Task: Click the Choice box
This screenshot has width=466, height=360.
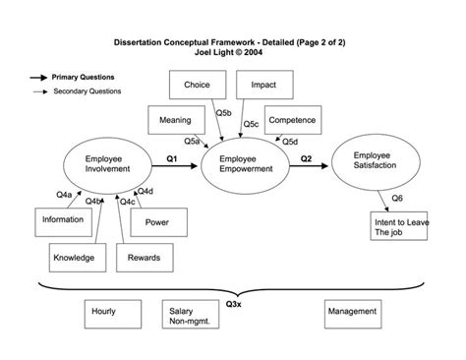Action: click(197, 86)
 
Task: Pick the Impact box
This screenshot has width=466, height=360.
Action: click(262, 86)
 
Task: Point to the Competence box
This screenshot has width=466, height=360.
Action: click(291, 121)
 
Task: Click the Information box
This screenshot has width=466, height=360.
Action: click(62, 220)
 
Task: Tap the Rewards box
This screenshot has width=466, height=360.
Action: click(139, 258)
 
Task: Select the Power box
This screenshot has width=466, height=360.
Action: click(157, 222)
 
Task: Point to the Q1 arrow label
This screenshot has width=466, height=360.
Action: click(171, 156)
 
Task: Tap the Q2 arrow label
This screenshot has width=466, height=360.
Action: click(306, 156)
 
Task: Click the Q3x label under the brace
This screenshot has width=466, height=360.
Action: click(234, 304)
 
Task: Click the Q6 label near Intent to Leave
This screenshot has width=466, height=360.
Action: click(397, 198)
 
